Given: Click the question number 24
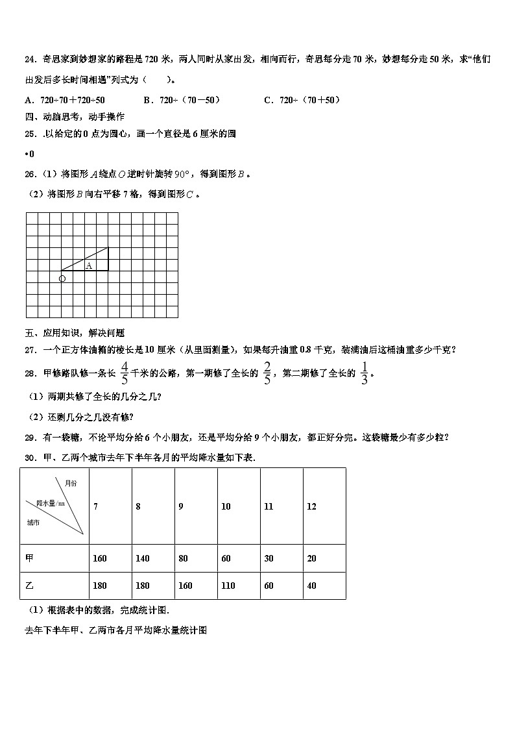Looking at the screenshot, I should click(30, 59).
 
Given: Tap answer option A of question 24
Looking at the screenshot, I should click(65, 100).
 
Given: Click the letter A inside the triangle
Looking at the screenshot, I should click(89, 266).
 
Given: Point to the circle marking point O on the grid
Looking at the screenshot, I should click(62, 278).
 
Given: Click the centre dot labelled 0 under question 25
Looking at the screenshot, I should click(29, 154).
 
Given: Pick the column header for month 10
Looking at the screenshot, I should click(226, 506).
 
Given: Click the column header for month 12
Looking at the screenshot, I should click(311, 506).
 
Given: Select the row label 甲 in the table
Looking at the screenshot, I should click(29, 558).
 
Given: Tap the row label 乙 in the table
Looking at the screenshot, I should click(29, 586).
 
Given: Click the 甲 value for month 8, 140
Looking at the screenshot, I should click(143, 558).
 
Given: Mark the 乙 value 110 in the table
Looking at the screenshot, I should click(228, 586).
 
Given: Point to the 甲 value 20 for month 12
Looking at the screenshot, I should click(312, 558).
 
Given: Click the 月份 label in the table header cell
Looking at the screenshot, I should click(71, 483).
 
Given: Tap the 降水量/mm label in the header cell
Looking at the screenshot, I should click(51, 503).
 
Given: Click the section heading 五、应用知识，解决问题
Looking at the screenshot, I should click(75, 333).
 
